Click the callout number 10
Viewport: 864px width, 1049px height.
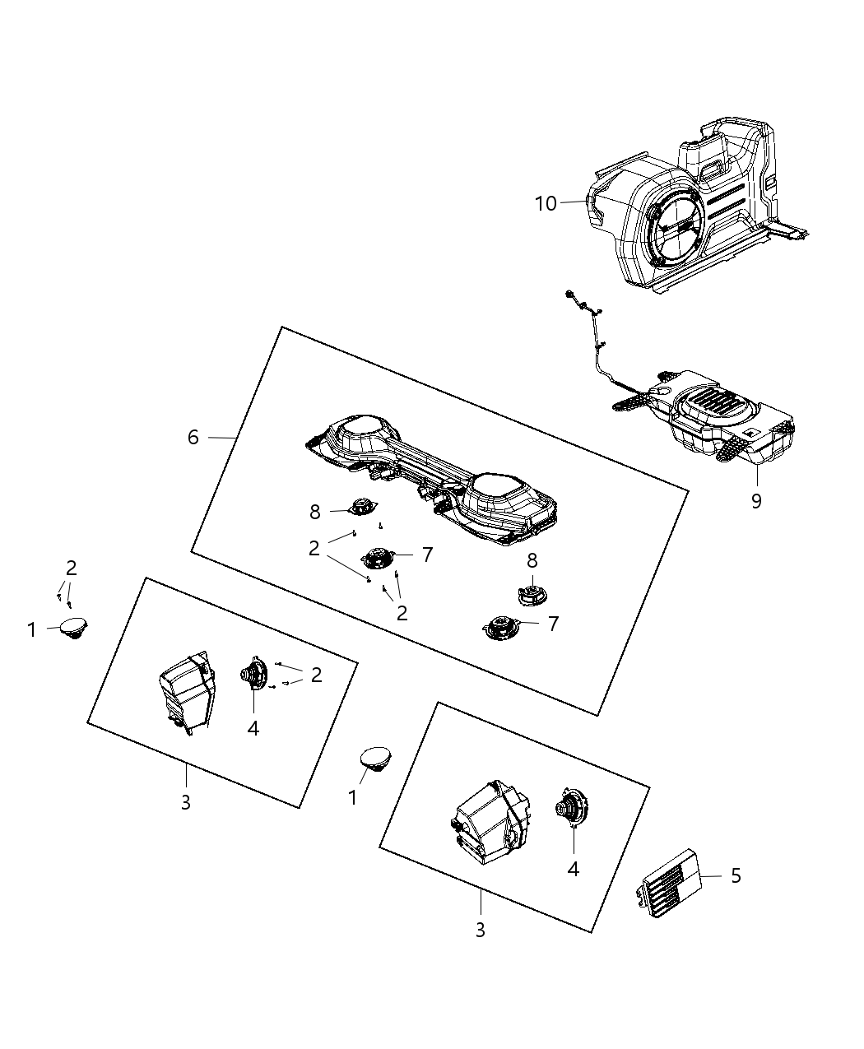(546, 203)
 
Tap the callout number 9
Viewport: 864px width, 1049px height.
(755, 500)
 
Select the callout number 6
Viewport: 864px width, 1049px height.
(193, 437)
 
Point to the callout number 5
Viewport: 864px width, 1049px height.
(736, 876)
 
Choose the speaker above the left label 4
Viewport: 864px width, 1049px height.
(253, 675)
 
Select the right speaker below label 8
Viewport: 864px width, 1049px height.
(531, 593)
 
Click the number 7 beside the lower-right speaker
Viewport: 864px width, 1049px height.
(553, 624)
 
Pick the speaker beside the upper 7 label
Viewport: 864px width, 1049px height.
(378, 559)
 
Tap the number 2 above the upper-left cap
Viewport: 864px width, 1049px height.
(72, 567)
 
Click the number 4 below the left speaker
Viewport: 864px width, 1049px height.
(253, 728)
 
